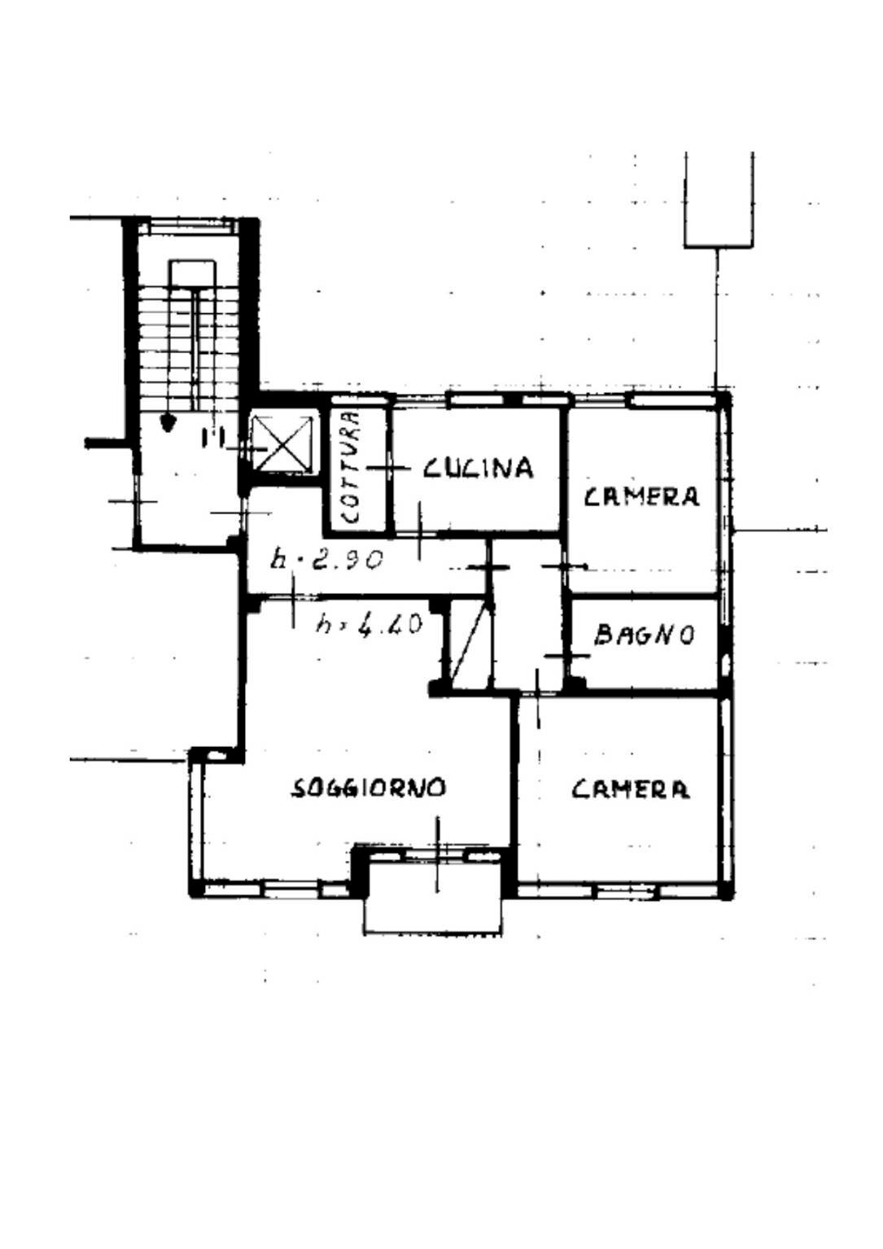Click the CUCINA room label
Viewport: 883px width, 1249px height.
478,468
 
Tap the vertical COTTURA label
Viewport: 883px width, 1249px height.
350,468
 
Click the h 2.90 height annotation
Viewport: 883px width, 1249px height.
327,559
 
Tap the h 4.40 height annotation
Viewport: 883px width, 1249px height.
369,624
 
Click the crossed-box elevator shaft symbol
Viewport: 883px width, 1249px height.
282,443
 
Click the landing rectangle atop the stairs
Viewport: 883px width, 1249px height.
193,272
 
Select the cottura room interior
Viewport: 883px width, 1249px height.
357,468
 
